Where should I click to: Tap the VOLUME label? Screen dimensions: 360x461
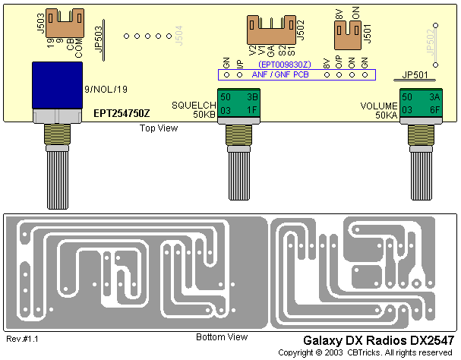pyautogui.click(x=378, y=106)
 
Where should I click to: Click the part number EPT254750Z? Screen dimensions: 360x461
pyautogui.click(x=122, y=112)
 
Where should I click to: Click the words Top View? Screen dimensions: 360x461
pyautogui.click(x=159, y=128)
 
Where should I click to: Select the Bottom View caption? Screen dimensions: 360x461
pyautogui.click(x=221, y=336)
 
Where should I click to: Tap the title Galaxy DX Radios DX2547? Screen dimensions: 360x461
pyautogui.click(x=378, y=341)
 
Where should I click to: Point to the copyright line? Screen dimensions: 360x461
pyautogui.click(x=366, y=353)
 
